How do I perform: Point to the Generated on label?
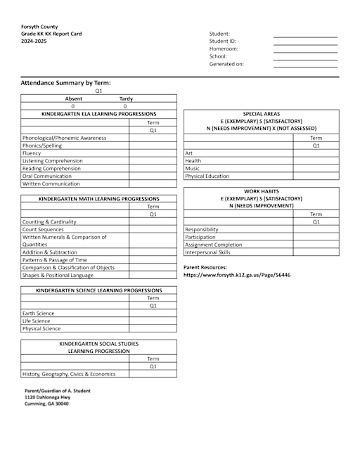click(226, 64)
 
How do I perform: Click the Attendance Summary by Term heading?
click(65, 83)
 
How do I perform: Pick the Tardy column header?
click(126, 99)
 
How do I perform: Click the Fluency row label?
click(32, 153)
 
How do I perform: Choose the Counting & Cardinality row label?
click(49, 222)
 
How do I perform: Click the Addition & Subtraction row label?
click(50, 252)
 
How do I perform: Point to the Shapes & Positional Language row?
click(58, 275)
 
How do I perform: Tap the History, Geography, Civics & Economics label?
click(69, 374)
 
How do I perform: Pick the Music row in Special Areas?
click(192, 169)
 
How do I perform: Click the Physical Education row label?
click(207, 176)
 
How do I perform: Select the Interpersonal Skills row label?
click(207, 252)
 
